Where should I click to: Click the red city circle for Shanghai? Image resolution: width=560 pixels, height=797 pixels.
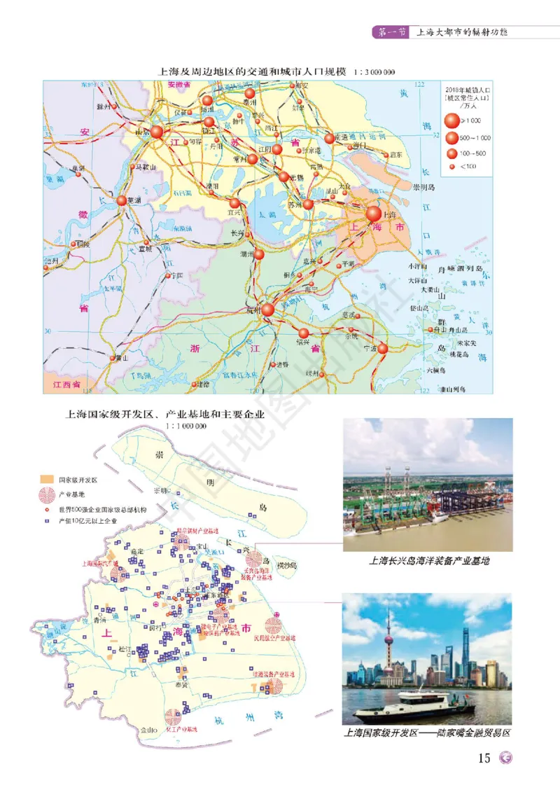coord(373,214)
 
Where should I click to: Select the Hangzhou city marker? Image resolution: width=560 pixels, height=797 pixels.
coord(267,309)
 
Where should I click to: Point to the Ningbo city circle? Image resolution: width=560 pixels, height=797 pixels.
coord(382,348)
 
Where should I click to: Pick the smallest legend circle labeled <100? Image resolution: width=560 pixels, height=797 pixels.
coord(451,167)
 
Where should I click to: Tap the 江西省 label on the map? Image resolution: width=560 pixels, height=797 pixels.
coord(62,385)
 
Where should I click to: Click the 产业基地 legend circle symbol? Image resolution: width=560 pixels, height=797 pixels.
coord(47,494)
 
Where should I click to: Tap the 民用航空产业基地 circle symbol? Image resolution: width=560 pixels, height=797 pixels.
coord(273,627)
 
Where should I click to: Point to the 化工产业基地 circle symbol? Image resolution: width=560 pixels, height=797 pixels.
coord(172,717)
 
